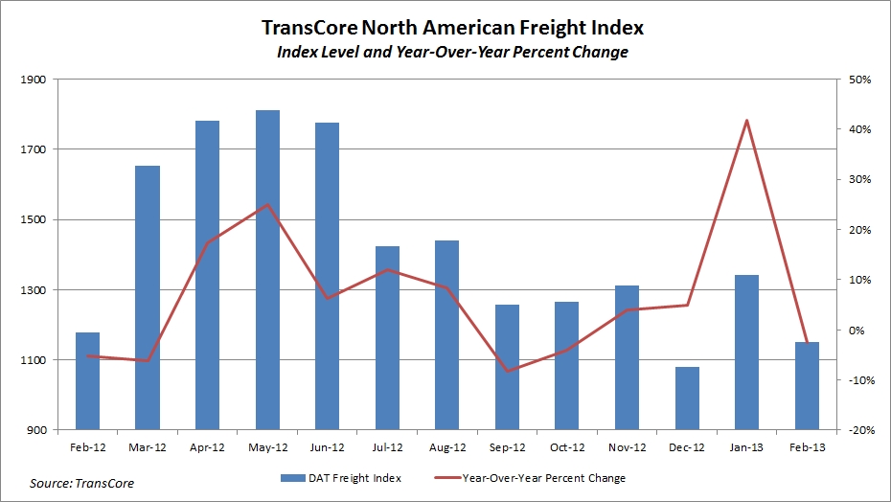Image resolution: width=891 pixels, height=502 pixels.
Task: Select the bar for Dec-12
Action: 687,398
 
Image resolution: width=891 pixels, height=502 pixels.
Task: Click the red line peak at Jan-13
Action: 746,120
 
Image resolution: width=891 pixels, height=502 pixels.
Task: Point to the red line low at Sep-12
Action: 507,371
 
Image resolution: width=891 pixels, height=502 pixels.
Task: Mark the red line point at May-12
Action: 267,205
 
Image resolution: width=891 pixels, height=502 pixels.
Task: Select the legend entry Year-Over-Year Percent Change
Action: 543,476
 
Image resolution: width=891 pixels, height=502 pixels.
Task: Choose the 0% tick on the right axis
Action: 859,331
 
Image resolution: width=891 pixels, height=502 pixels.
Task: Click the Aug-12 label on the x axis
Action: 447,446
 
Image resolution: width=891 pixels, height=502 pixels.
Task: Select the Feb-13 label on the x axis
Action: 807,446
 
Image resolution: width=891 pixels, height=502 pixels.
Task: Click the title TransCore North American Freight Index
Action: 445,27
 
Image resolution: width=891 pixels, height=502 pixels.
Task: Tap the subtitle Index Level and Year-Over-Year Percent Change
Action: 445,52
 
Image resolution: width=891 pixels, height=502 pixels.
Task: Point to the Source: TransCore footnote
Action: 82,484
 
